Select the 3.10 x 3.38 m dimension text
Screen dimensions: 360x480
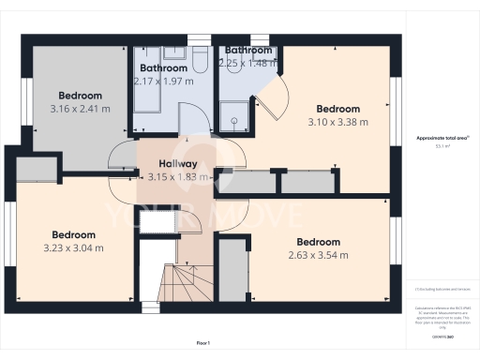(x=337, y=121)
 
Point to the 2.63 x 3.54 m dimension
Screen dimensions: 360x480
(x=318, y=254)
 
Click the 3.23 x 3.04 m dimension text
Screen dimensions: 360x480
(x=73, y=247)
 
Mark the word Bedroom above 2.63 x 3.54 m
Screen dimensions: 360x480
(x=318, y=242)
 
